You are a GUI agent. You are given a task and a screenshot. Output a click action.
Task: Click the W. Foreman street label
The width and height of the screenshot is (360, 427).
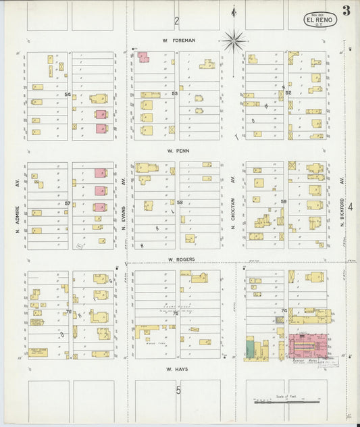click(179, 41)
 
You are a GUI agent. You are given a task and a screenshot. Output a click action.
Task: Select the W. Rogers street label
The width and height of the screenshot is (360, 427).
click(181, 259)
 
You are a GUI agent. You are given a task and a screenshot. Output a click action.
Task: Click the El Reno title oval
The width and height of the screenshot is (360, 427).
click(319, 20)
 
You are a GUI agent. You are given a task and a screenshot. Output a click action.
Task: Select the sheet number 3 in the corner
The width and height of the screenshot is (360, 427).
click(346, 10)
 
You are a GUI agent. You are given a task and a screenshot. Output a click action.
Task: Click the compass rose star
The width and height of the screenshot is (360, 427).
click(234, 41)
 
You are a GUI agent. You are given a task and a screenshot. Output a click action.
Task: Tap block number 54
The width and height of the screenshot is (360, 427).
click(68, 95)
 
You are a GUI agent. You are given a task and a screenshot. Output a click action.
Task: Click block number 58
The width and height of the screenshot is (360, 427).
click(180, 202)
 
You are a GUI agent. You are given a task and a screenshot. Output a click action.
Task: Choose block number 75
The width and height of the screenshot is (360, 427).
click(176, 313)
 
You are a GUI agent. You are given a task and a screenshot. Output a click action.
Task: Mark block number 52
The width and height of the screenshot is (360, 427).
click(288, 93)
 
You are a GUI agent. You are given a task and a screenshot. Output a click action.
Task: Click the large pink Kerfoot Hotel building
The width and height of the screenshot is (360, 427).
click(308, 345)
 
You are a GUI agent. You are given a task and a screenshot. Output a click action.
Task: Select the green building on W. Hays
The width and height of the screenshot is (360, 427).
click(251, 349)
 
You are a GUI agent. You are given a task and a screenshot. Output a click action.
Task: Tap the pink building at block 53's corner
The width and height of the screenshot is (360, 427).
click(143, 57)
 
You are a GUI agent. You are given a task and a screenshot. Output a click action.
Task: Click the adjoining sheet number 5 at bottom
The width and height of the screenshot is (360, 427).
click(179, 390)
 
